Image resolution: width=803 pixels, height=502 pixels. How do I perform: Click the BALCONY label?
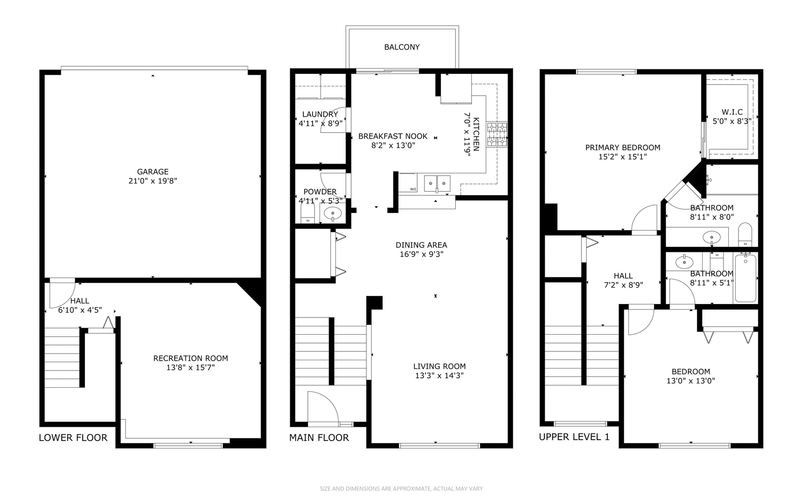coord(402,47)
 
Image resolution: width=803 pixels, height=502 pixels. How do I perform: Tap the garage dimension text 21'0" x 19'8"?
coord(152,181)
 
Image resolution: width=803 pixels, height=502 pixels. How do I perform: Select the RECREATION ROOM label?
coord(190,358)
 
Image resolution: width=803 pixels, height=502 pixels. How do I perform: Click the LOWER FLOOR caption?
coord(73,438)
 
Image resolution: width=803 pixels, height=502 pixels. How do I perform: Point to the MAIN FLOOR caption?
coord(319,438)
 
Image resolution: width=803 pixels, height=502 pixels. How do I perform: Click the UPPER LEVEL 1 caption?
coord(574,437)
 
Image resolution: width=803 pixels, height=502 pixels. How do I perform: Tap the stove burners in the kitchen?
coord(497,135)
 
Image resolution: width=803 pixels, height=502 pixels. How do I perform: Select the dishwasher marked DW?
coord(408,183)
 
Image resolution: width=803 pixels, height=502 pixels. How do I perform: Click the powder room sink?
coord(333,213)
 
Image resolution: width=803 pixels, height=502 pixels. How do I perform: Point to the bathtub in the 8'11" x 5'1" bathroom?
coord(745,278)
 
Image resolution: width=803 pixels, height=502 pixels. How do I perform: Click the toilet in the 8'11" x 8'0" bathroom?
coord(745,235)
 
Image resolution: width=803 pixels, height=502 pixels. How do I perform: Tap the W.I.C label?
coord(732,112)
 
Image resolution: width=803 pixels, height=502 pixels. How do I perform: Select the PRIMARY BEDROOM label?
coord(622,148)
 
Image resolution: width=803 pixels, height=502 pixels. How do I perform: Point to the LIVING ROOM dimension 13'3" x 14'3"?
coord(439,376)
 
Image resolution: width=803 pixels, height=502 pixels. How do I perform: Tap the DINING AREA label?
coord(421,245)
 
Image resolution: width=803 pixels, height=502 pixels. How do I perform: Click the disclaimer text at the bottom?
coord(401,489)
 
